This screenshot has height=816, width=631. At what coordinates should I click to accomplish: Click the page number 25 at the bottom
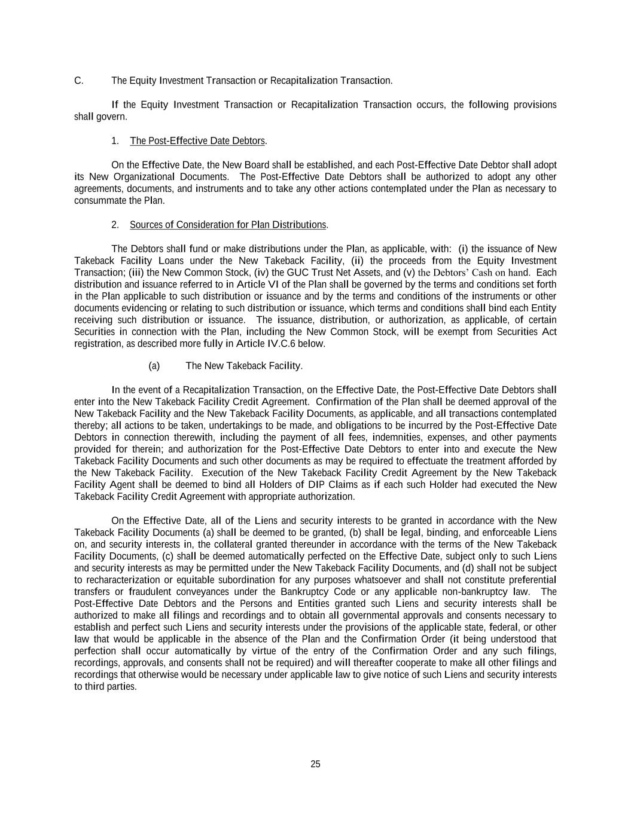coord(315,764)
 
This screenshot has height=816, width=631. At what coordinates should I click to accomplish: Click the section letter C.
coord(78,81)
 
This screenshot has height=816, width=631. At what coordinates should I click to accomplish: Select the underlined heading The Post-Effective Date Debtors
coord(197,141)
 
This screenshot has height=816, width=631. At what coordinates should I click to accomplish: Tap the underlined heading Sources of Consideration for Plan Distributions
coord(228,225)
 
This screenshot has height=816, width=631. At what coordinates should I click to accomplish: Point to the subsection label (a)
coord(154,366)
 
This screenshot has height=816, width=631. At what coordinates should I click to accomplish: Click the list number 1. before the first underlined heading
coord(115,141)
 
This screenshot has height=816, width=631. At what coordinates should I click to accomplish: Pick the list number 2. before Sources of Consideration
coord(115,225)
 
